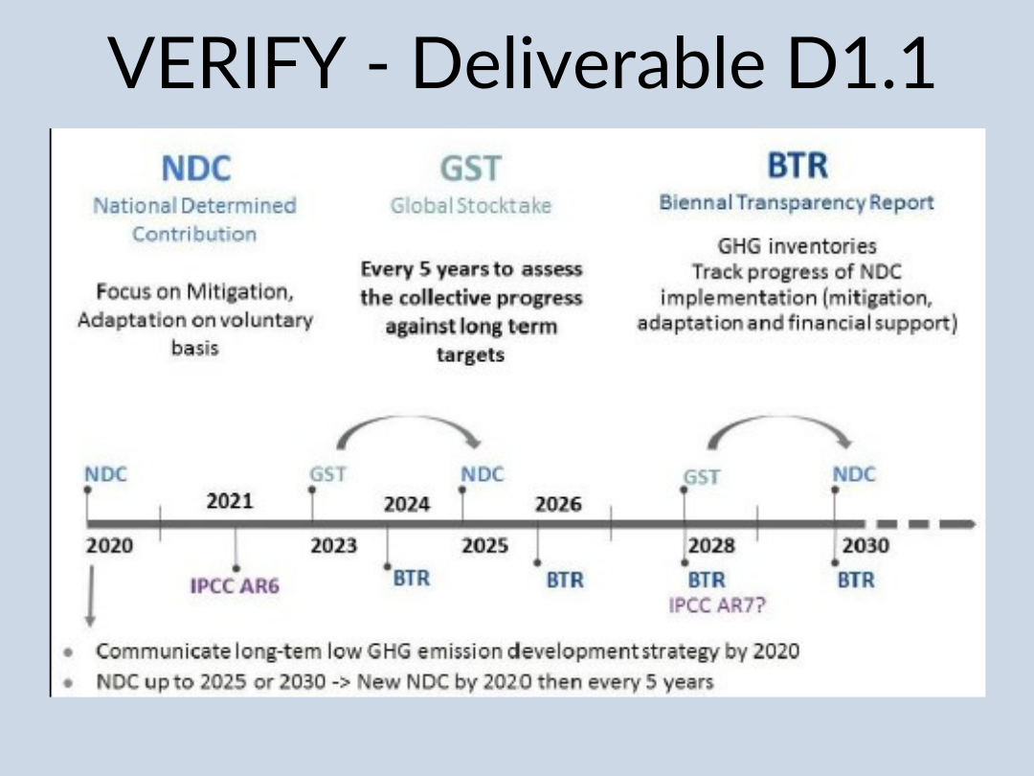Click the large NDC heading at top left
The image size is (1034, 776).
[x=196, y=169]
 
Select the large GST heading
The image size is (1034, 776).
[x=471, y=169]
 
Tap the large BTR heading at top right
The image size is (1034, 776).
[x=798, y=165]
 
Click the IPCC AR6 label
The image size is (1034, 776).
[x=235, y=585]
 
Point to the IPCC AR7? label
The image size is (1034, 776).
[x=717, y=605]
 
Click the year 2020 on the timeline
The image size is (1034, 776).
[x=109, y=546]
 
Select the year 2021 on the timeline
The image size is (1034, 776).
[x=230, y=501]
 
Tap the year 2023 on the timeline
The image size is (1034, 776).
[x=334, y=546]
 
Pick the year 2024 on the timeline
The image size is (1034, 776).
[x=407, y=504]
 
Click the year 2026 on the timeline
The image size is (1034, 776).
[x=558, y=504]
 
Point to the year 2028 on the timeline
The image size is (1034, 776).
[x=711, y=546]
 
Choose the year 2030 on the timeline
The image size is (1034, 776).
[x=865, y=546]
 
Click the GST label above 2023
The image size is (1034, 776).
[x=327, y=474]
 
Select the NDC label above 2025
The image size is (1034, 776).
[x=482, y=474]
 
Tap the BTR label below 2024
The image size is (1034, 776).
[x=412, y=579]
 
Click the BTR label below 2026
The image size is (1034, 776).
[x=565, y=580]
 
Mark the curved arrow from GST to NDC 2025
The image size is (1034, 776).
[x=409, y=417]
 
